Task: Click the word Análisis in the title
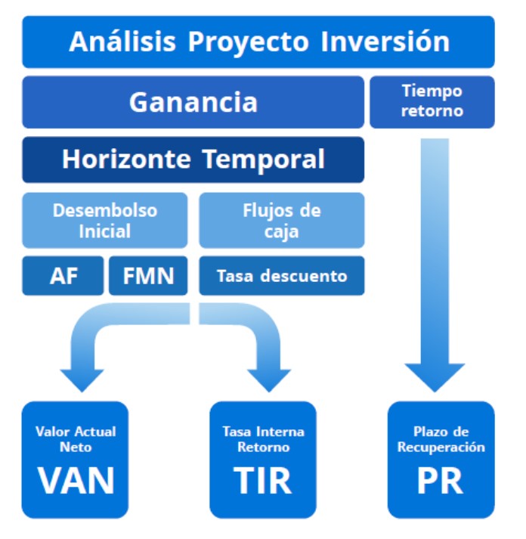pos(122,42)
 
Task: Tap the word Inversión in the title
pos(385,42)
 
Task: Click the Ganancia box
pos(193,102)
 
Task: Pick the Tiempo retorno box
pos(432,102)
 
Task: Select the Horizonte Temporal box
pos(193,160)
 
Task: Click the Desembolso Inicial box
pos(105,220)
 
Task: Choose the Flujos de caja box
pos(282,220)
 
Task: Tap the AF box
pos(63,276)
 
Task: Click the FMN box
pos(148,276)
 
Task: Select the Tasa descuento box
pos(282,276)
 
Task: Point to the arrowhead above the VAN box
pos(82,380)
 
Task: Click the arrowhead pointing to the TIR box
pos(269,380)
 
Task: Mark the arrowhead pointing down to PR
pos(435,377)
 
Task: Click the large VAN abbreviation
pos(76,481)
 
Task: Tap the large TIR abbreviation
pos(263,481)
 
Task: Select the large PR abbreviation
pos(440,481)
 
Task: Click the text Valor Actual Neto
pos(76,439)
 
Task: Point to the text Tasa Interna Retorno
pos(264,439)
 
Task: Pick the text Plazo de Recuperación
pos(441,439)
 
